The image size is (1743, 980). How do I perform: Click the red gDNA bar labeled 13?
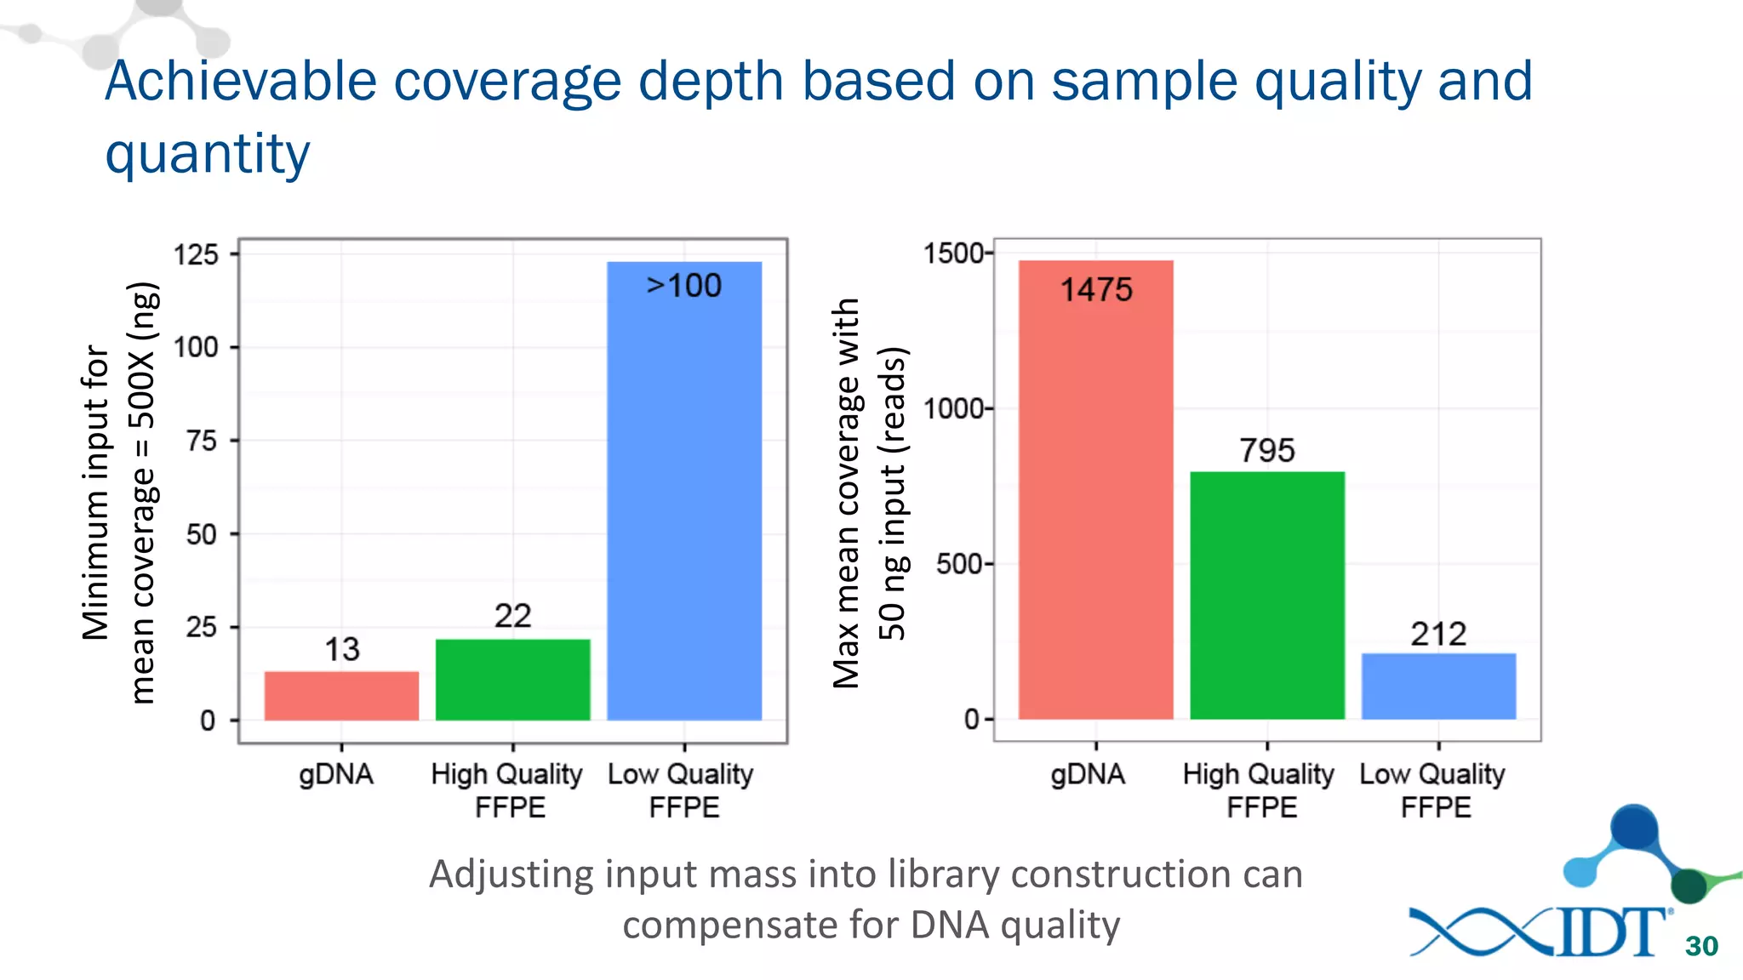coord(341,696)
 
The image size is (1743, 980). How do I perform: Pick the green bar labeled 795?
coord(1267,595)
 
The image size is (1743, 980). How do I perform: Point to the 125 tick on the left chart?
coord(197,254)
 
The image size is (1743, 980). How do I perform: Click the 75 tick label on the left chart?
coord(202,441)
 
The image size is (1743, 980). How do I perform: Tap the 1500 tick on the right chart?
coord(954,254)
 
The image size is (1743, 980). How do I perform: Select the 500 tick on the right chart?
coord(960,564)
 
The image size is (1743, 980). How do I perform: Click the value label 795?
coord(1267,450)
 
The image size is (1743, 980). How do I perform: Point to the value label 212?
coord(1438,634)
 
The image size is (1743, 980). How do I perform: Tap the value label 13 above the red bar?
coord(342,650)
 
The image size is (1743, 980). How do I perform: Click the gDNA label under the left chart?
coord(336,774)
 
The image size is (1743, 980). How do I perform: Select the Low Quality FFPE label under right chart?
coord(1433,790)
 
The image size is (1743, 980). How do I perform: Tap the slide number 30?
coord(1701,946)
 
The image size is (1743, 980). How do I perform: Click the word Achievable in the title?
coord(241,82)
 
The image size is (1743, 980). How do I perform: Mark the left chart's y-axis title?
coord(120,493)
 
